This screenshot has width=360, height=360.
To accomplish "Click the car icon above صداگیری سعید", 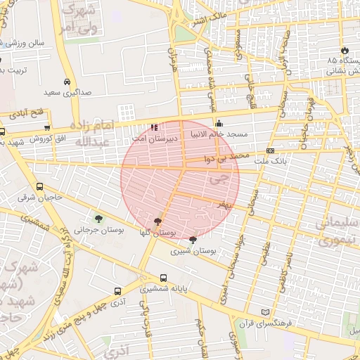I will click(x=67, y=82).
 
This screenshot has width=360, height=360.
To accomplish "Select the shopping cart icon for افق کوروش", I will click(x=47, y=128).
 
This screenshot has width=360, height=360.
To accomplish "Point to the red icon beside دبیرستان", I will click(x=154, y=127).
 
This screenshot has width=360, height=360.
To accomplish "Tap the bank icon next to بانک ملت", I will click(x=271, y=150).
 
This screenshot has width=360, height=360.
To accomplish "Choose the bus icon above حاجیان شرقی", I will click(x=39, y=187).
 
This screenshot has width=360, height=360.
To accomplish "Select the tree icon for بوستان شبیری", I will click(x=193, y=240).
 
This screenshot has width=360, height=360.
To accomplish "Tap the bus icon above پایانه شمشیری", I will click(x=164, y=278).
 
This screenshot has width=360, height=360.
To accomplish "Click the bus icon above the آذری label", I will click(x=117, y=290).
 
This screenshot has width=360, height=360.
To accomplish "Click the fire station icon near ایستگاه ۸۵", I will click(x=345, y=51).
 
